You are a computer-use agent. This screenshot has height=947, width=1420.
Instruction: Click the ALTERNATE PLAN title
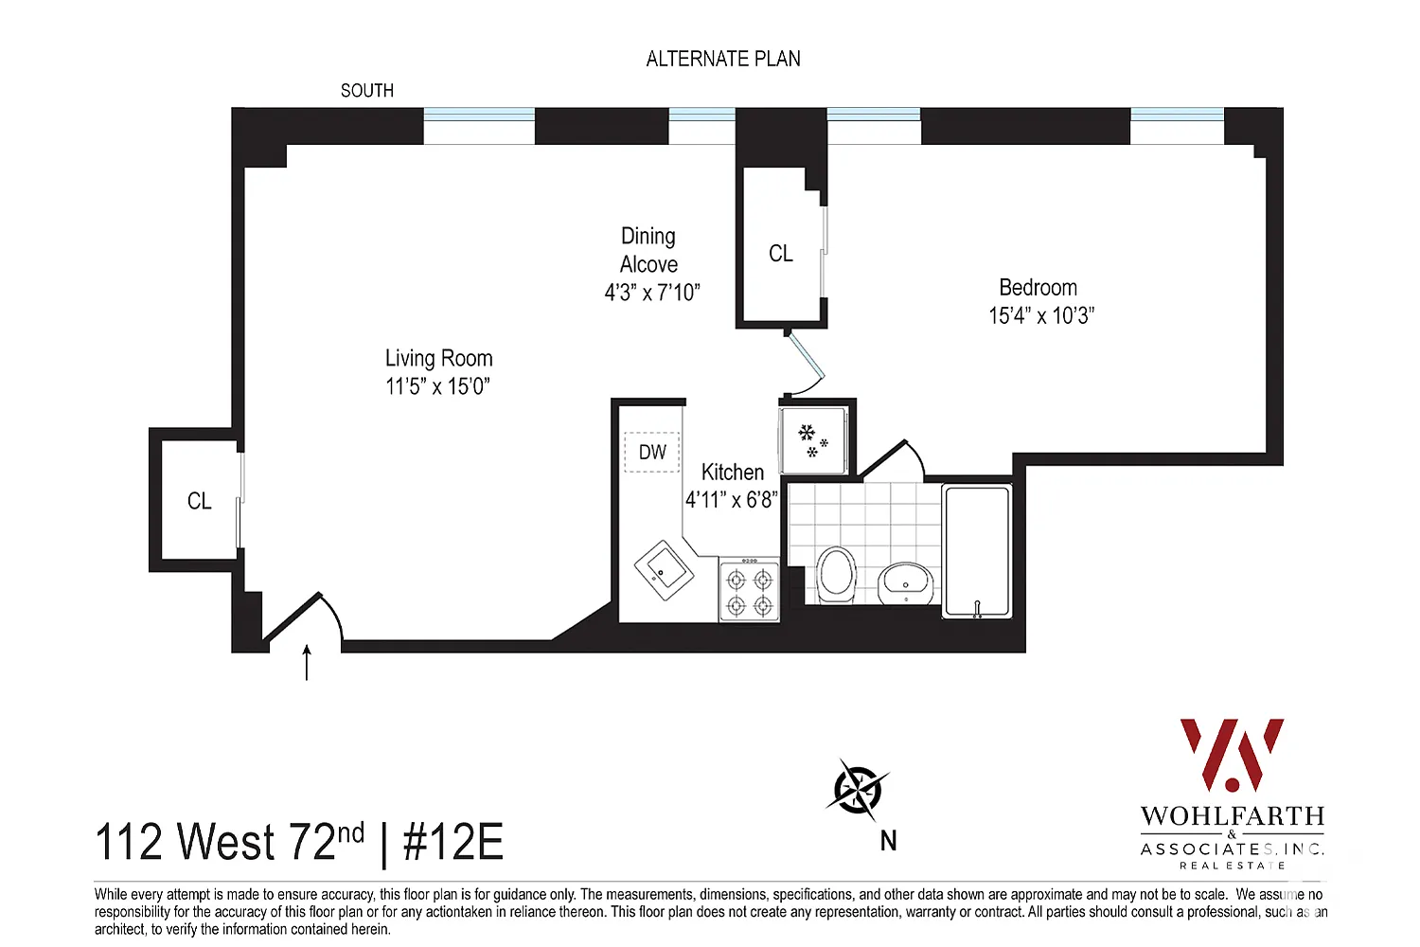click(x=723, y=59)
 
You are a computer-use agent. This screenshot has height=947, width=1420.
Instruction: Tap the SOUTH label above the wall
click(x=367, y=91)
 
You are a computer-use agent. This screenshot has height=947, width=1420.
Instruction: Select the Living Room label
click(x=438, y=358)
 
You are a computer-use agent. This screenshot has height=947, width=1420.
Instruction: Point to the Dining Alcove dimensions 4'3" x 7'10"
click(x=652, y=293)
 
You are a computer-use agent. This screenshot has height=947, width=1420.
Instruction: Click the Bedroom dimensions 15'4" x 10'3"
click(x=1041, y=315)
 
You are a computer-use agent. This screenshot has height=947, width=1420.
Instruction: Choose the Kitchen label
click(x=732, y=472)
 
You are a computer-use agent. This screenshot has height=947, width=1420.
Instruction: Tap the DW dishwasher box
click(x=652, y=453)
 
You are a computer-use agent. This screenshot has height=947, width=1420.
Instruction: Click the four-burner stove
click(x=750, y=590)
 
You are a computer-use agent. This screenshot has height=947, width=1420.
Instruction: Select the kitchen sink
click(x=664, y=569)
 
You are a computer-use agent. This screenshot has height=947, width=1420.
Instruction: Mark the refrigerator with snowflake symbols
click(x=813, y=441)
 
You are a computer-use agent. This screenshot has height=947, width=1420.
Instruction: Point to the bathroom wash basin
click(x=906, y=584)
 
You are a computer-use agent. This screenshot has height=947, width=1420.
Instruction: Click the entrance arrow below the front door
click(x=307, y=662)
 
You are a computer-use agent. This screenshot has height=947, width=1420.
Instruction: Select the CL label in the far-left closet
click(x=199, y=501)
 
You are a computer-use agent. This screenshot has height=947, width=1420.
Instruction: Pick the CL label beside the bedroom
click(x=781, y=254)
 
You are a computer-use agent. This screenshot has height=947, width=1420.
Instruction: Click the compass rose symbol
click(x=857, y=790)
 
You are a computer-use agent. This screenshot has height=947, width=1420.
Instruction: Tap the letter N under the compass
click(x=888, y=841)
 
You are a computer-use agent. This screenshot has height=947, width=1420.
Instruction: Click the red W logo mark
click(x=1232, y=755)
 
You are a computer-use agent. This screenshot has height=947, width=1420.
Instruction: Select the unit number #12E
click(x=453, y=842)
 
